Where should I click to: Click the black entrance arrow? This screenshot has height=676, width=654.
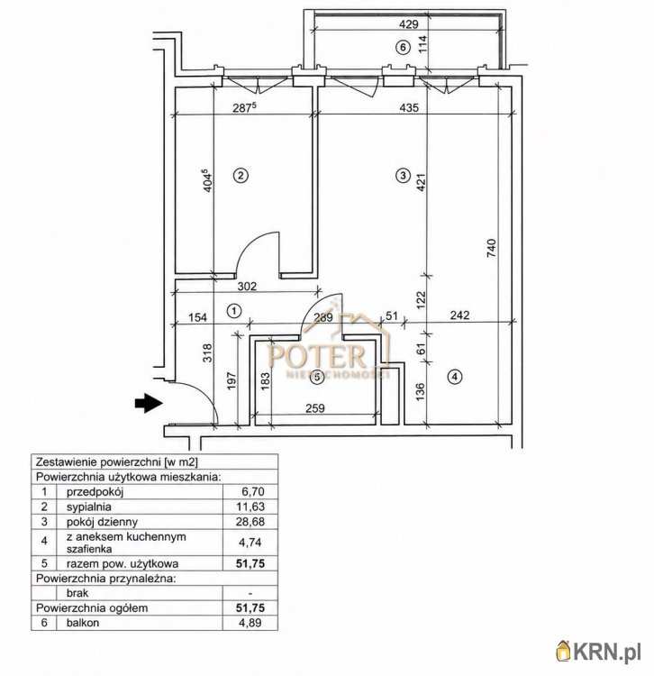click(x=149, y=403)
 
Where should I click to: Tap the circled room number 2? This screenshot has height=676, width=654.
click(x=241, y=175)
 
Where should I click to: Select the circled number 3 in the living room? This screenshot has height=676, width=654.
click(x=403, y=175)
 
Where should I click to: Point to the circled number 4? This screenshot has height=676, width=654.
click(x=455, y=377)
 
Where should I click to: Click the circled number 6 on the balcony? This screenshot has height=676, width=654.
click(x=403, y=47)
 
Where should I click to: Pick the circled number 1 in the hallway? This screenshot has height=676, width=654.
click(x=234, y=311)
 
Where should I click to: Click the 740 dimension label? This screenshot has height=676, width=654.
click(x=491, y=249)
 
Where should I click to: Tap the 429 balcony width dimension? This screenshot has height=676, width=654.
click(x=408, y=23)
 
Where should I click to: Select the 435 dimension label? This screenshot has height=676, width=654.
click(x=408, y=107)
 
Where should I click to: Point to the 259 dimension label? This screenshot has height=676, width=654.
click(x=315, y=407)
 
